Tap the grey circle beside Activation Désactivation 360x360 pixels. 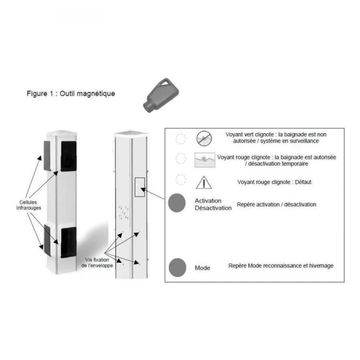(176, 203)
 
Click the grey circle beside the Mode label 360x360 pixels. (176, 267)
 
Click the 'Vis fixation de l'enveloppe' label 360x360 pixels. (100, 263)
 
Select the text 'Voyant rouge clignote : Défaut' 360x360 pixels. (274, 182)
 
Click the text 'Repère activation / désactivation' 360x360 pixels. (276, 204)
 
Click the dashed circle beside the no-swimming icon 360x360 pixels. (180, 139)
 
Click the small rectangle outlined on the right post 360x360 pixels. (139, 187)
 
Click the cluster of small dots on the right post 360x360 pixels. (123, 212)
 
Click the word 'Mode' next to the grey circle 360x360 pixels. (202, 268)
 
